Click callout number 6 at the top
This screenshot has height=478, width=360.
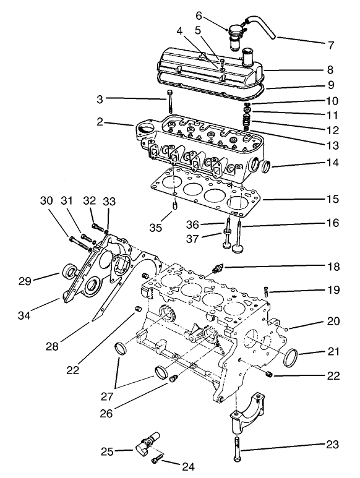pyautogui.click(x=199, y=15)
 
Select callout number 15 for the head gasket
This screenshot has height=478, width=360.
pyautogui.click(x=333, y=200)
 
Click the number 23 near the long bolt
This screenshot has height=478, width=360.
pyautogui.click(x=332, y=445)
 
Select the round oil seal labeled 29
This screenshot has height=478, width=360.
pyautogui.click(x=69, y=271)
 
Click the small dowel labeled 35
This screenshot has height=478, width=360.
pyautogui.click(x=175, y=205)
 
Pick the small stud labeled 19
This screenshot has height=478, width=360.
pyautogui.click(x=266, y=289)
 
